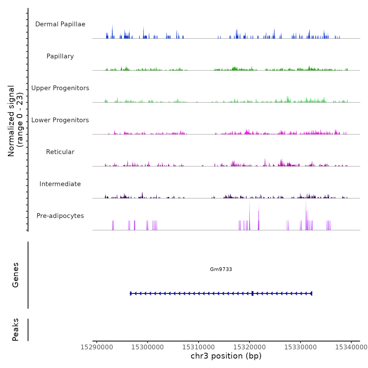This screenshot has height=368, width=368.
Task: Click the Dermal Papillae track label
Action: coord(60,24)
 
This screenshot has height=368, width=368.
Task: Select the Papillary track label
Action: coord(60,56)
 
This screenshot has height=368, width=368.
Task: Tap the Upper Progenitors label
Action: coord(60,88)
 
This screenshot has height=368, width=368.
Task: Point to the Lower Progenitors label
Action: coord(60,120)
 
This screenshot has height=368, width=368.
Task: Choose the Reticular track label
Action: coord(60,152)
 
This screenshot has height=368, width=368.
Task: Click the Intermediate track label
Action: coord(60,184)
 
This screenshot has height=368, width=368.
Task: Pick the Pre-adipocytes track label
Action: coord(60,216)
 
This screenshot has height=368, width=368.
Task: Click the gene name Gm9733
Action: coord(221,269)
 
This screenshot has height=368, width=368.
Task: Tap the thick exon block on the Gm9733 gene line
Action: coord(252,293)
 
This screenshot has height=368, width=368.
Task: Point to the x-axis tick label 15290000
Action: coord(97,347)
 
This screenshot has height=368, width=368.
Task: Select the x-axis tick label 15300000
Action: coord(147,347)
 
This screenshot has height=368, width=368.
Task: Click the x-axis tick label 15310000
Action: coord(198,347)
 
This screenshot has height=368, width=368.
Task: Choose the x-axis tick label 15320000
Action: coord(249,347)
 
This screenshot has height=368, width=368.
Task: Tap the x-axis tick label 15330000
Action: coord(300,347)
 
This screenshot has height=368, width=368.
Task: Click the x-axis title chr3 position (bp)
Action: coord(226,356)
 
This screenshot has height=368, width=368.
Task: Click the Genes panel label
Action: coord(15,275)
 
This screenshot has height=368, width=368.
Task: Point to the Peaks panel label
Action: coord(15,330)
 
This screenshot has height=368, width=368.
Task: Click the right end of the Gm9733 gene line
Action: coord(311,293)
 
